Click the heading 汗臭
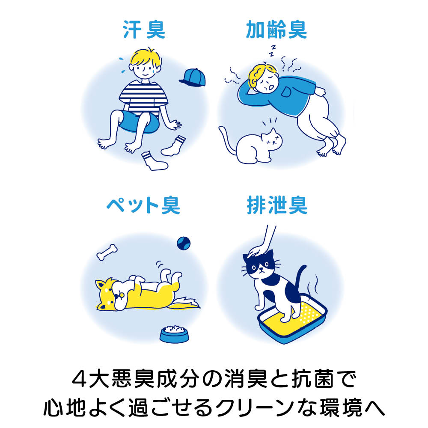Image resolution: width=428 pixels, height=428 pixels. pos(144,29)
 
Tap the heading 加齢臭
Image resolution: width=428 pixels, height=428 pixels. pos(276,29)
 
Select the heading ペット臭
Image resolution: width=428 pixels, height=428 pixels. pos(143,205)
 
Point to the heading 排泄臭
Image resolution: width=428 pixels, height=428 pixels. pos(277,205)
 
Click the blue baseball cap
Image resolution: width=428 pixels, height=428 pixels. pos(193,77)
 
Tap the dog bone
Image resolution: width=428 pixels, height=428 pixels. pos(107,252)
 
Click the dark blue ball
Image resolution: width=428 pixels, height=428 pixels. pos(184,243)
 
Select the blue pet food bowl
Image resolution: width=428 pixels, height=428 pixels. pos(174,334)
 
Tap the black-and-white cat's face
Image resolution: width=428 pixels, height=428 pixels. pos(260,265)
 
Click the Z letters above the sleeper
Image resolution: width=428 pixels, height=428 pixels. pos(272,51)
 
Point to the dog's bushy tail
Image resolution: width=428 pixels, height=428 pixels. pos(184,303)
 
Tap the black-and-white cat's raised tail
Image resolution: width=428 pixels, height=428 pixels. pos(300,277)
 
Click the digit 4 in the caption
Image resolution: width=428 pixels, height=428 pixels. pos(80,379)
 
